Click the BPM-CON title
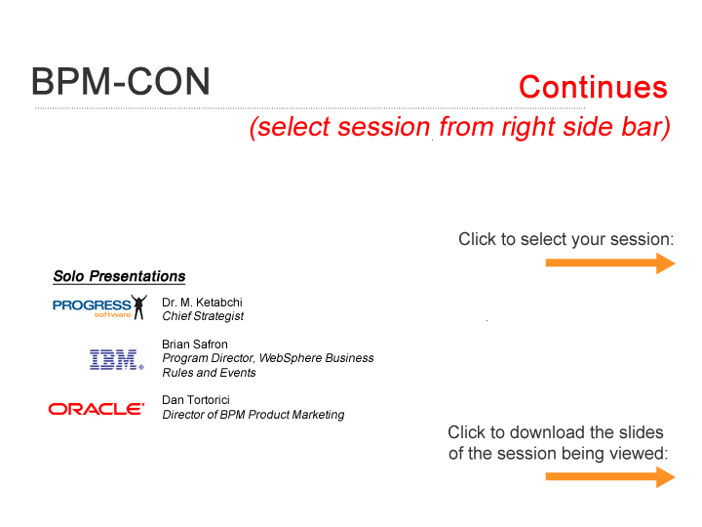pyautogui.click(x=121, y=82)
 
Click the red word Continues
pyautogui.click(x=593, y=87)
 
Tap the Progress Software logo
pyautogui.click(x=99, y=307)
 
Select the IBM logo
pyautogui.click(x=117, y=359)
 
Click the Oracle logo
pyautogui.click(x=97, y=409)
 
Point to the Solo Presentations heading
pyautogui.click(x=119, y=276)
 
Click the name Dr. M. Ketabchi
pyautogui.click(x=202, y=303)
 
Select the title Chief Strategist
pyautogui.click(x=203, y=316)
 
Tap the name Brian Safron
pyautogui.click(x=195, y=345)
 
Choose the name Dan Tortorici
pyautogui.click(x=196, y=400)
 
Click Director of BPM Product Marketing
pyautogui.click(x=253, y=415)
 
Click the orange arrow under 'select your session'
pyautogui.click(x=610, y=263)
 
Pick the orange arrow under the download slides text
pyautogui.click(x=610, y=477)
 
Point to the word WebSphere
pyautogui.click(x=291, y=358)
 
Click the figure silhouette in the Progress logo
pyautogui.click(x=139, y=307)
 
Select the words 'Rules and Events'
pyautogui.click(x=209, y=373)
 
